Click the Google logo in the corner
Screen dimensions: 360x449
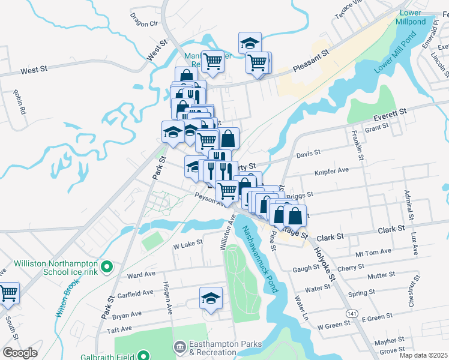[19, 353]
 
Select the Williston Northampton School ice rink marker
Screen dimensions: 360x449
[107, 266]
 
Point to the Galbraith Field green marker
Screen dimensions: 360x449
[143, 355]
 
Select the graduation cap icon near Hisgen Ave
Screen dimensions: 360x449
[211, 298]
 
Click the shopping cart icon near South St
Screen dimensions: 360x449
[8, 293]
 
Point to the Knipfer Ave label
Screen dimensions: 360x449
[332, 170]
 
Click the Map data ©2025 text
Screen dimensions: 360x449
[423, 355]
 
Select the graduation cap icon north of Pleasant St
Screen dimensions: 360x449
[250, 43]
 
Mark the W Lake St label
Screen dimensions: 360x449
[187, 245]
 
